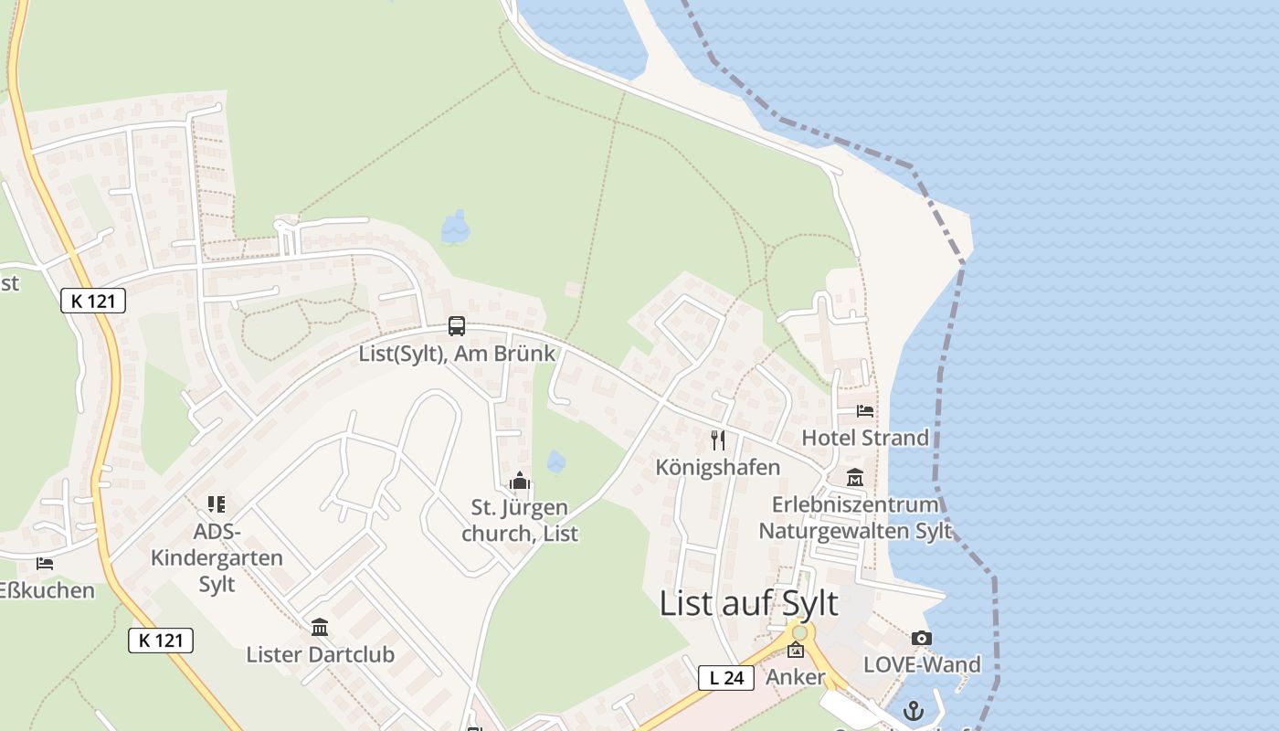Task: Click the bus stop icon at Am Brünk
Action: click(x=456, y=326)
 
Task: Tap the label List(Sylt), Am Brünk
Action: click(x=457, y=354)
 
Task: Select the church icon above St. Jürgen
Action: click(x=520, y=481)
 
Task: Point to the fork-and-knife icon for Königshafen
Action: click(x=718, y=440)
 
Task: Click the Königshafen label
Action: click(x=718, y=467)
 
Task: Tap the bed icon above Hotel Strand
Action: click(x=864, y=411)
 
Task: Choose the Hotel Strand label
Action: click(x=864, y=438)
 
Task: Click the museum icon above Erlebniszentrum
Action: click(x=855, y=477)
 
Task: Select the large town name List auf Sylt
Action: click(x=748, y=604)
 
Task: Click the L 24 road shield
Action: click(x=726, y=677)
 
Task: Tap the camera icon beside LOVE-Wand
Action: click(x=922, y=638)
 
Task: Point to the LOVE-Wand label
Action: click(x=922, y=664)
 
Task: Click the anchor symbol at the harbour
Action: click(x=913, y=710)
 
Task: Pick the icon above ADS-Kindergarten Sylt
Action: click(x=217, y=503)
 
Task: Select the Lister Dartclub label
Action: click(x=320, y=654)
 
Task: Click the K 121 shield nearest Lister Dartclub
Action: click(x=161, y=641)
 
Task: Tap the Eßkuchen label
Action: click(x=47, y=590)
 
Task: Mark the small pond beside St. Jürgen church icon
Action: click(x=555, y=461)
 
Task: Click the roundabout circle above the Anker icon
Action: click(x=800, y=632)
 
